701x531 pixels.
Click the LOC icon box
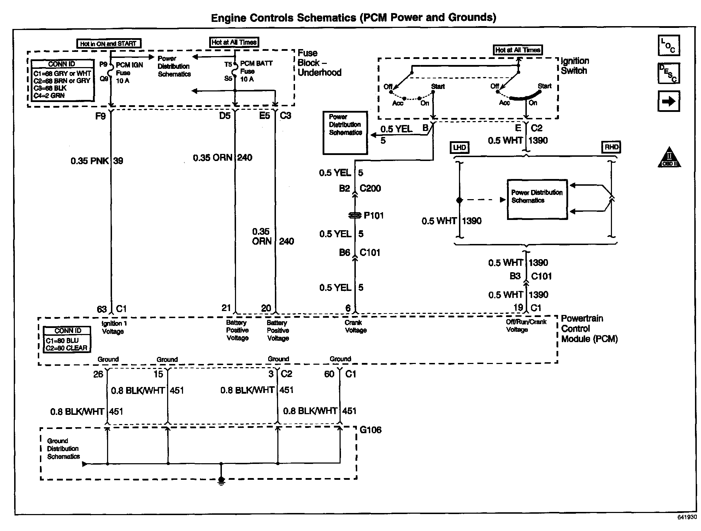pyautogui.click(x=668, y=46)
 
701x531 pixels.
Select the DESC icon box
pyautogui.click(x=668, y=73)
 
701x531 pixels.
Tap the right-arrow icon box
pyautogui.click(x=668, y=101)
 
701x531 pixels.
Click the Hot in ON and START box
pyautogui.click(x=109, y=44)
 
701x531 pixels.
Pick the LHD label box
pyautogui.click(x=459, y=147)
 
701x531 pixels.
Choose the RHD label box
pyautogui.click(x=611, y=147)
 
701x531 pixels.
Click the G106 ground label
pyautogui.click(x=370, y=430)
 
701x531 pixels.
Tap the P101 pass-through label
pyautogui.click(x=373, y=215)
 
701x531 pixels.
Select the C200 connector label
pyautogui.click(x=370, y=188)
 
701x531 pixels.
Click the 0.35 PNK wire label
pyautogui.click(x=89, y=161)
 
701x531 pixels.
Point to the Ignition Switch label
pyautogui.click(x=575, y=66)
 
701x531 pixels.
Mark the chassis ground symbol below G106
pyautogui.click(x=221, y=481)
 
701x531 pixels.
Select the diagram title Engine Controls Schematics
pyautogui.click(x=353, y=18)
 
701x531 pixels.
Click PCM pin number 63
pyautogui.click(x=102, y=309)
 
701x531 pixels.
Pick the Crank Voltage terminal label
pyautogui.click(x=355, y=326)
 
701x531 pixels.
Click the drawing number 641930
pyautogui.click(x=687, y=517)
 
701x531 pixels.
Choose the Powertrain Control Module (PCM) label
pyautogui.click(x=589, y=329)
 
